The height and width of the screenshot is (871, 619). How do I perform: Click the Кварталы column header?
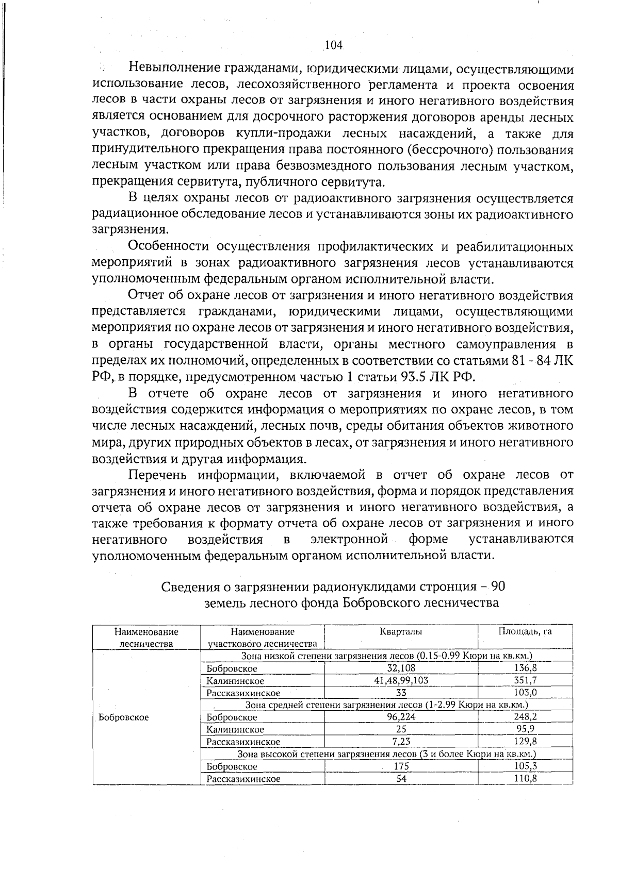point(401,632)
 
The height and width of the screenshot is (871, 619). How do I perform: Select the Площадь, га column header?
point(525,632)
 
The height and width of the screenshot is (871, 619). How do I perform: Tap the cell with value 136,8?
point(526,668)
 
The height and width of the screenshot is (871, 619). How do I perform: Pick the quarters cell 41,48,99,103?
point(401,680)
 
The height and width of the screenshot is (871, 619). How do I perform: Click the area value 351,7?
point(526,680)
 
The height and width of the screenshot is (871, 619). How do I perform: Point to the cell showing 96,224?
point(401,717)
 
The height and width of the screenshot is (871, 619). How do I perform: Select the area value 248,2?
point(526,717)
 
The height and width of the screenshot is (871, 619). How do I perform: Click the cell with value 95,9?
point(526,729)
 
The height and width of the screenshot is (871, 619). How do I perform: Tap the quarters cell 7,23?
point(401,742)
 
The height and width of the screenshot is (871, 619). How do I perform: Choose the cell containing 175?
point(401,766)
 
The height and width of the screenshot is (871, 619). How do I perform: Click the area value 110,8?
point(526,779)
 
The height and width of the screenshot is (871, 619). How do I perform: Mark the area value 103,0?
point(526,693)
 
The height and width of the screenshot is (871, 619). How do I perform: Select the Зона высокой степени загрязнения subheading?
point(386,754)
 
